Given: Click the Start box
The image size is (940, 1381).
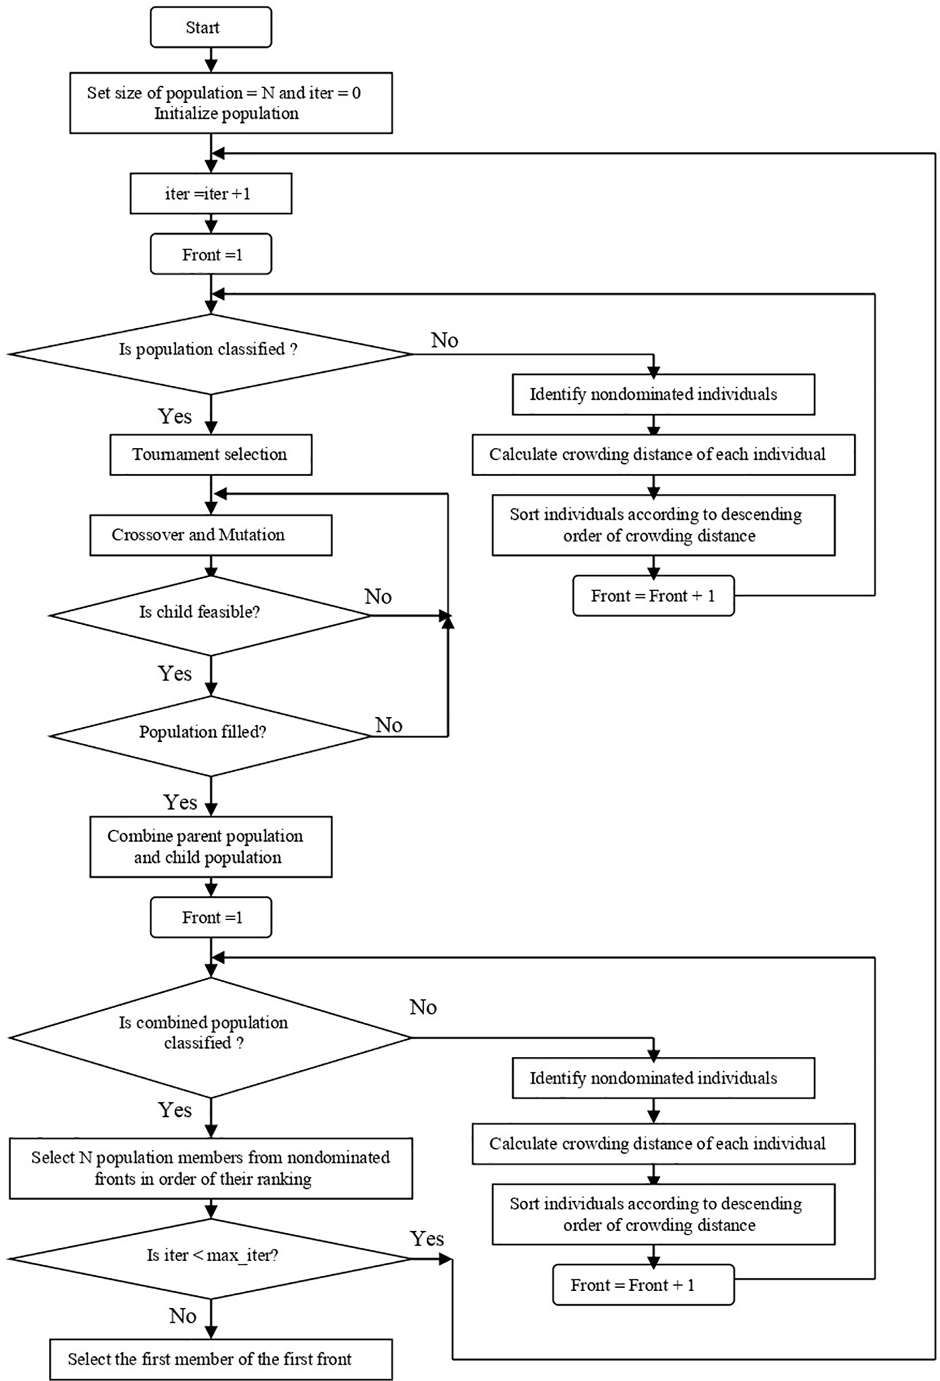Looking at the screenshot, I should point(210,28).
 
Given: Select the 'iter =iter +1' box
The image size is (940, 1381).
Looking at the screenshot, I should point(210,194).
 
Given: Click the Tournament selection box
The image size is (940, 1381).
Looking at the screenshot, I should point(210,454).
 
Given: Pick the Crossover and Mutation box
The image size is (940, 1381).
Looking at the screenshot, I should point(210,535).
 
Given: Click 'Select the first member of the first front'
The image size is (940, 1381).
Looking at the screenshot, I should point(220,1359).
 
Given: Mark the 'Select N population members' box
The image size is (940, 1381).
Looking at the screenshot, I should point(210,1168).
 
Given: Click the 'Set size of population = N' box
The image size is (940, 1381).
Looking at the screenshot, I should point(231,103).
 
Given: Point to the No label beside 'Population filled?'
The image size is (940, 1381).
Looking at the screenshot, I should point(388,725).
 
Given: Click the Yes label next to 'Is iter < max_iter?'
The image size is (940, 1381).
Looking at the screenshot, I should point(427,1239).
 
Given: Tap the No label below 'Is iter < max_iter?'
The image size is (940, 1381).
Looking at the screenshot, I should point(182,1316).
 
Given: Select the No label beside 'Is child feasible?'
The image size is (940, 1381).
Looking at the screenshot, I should point(378,596).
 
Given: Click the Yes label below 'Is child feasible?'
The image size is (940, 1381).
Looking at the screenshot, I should point(175,673).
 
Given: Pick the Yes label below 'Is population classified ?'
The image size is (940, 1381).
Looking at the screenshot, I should point(175,416).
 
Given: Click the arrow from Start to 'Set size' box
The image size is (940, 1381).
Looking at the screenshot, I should point(211,60).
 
